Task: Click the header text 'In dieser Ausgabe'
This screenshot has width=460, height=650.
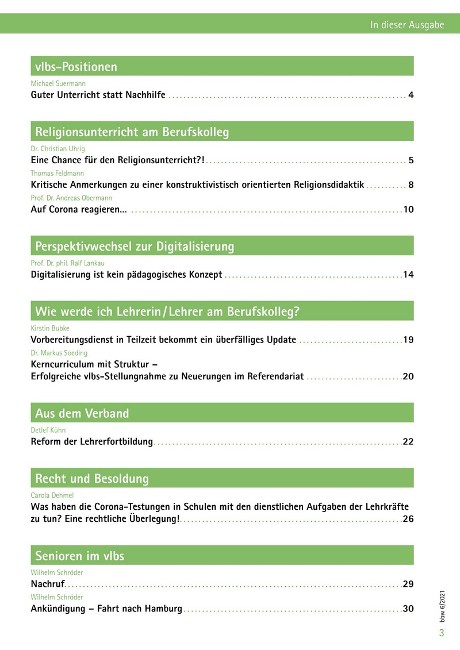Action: pos(407,25)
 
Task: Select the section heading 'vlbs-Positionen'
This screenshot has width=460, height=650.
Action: pos(76,67)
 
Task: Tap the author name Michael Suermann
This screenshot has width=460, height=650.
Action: pos(57,84)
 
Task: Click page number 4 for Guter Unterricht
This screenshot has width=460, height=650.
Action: pos(411,95)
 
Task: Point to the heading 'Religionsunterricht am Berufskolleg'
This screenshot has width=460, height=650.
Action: pos(132,132)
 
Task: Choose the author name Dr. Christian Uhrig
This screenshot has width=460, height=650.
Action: pos(57,149)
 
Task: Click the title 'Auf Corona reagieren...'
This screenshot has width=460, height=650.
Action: pos(79,209)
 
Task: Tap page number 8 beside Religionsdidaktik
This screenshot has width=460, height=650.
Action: pos(411,185)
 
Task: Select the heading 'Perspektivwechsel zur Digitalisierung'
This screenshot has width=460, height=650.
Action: pos(135,247)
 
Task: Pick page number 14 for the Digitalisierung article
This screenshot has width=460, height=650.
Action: pos(408,275)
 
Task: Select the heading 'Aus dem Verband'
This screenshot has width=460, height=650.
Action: pos(82,413)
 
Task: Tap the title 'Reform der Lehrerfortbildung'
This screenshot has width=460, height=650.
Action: pos(91,442)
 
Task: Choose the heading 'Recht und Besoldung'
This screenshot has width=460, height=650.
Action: pos(92,479)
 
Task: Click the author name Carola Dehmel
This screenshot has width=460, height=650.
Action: pos(52,495)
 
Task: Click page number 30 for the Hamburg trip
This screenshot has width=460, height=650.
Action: pos(408,609)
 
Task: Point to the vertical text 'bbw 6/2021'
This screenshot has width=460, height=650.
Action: pos(442,605)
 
